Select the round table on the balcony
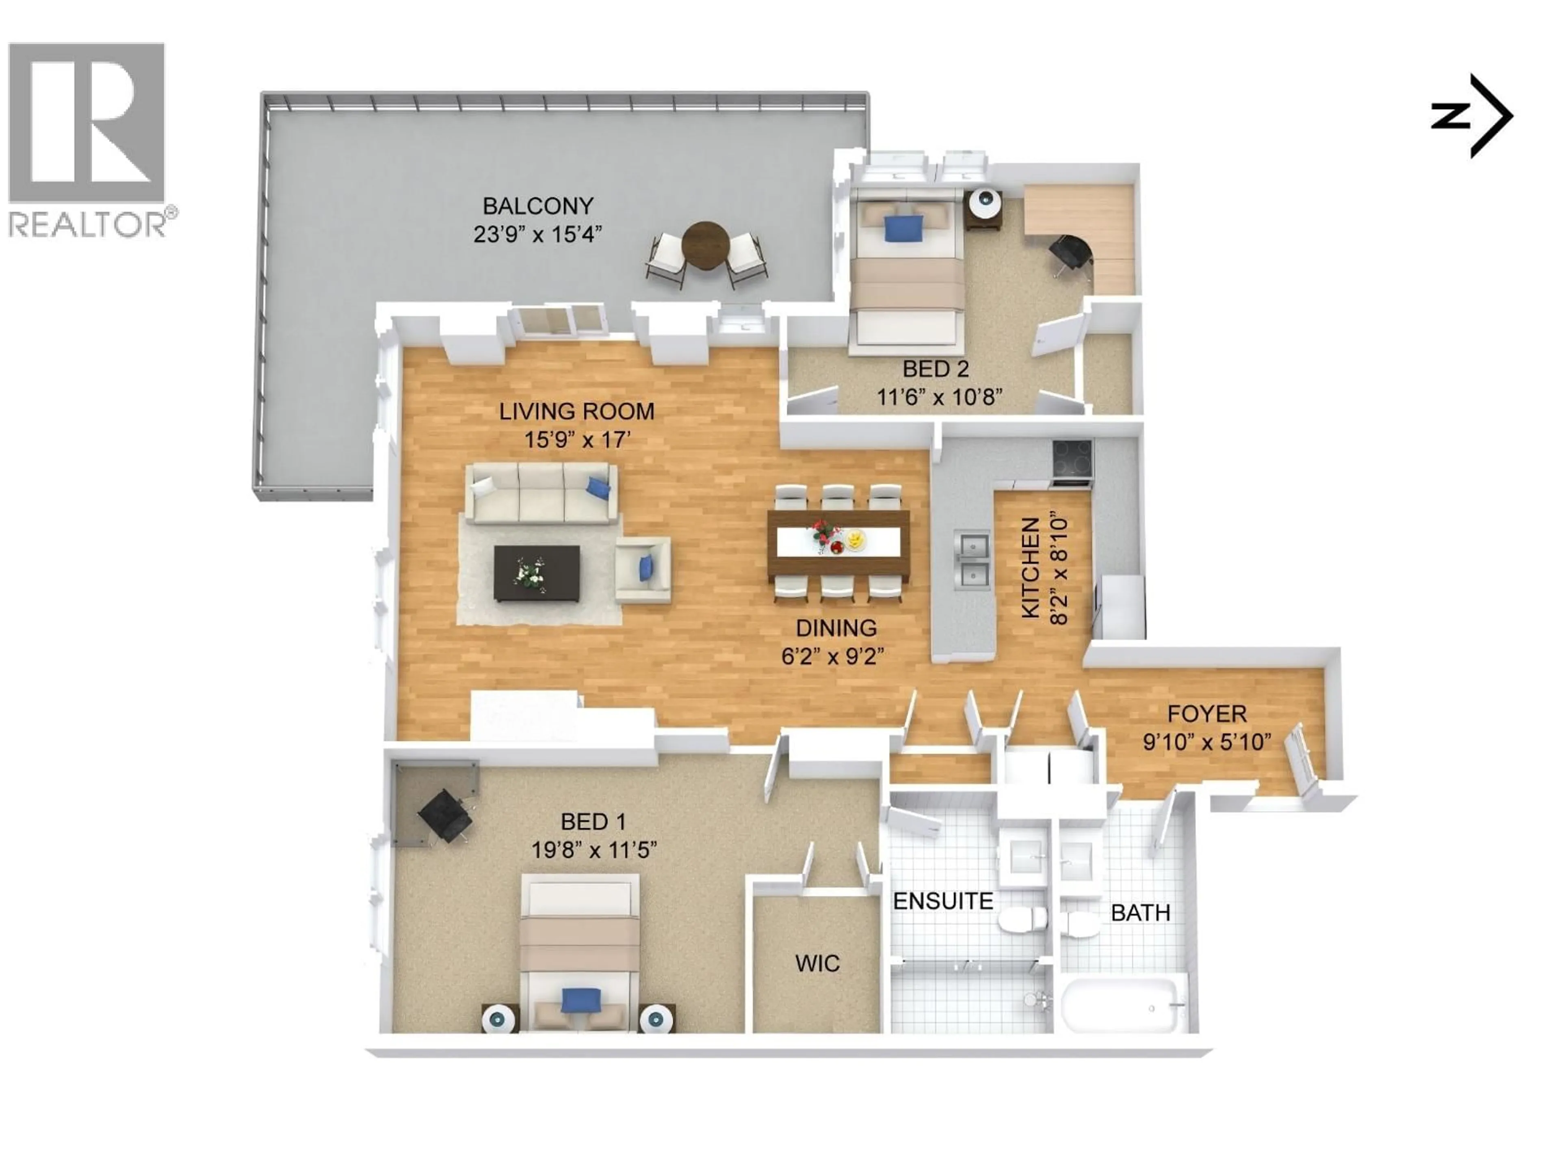(x=705, y=245)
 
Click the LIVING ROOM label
(x=576, y=411)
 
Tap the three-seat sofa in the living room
(x=541, y=494)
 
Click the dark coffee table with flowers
(x=537, y=573)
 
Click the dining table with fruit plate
(x=838, y=542)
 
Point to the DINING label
(x=836, y=628)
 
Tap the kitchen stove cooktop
(x=1072, y=461)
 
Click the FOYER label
(x=1207, y=714)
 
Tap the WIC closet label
(x=817, y=963)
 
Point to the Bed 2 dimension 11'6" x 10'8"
(x=939, y=397)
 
